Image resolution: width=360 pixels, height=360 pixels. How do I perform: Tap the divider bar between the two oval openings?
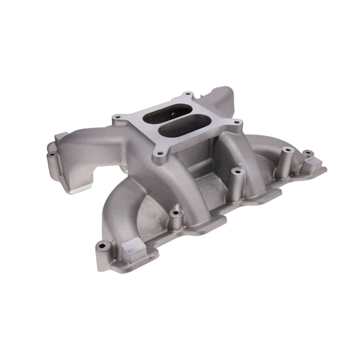pyautogui.click(x=171, y=122)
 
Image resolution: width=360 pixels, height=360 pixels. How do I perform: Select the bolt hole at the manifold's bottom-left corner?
pyautogui.click(x=103, y=247)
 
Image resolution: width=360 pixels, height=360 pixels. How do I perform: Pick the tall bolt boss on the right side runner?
pyautogui.click(x=286, y=151)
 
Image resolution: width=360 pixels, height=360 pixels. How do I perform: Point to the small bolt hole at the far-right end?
pyautogui.click(x=307, y=153)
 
